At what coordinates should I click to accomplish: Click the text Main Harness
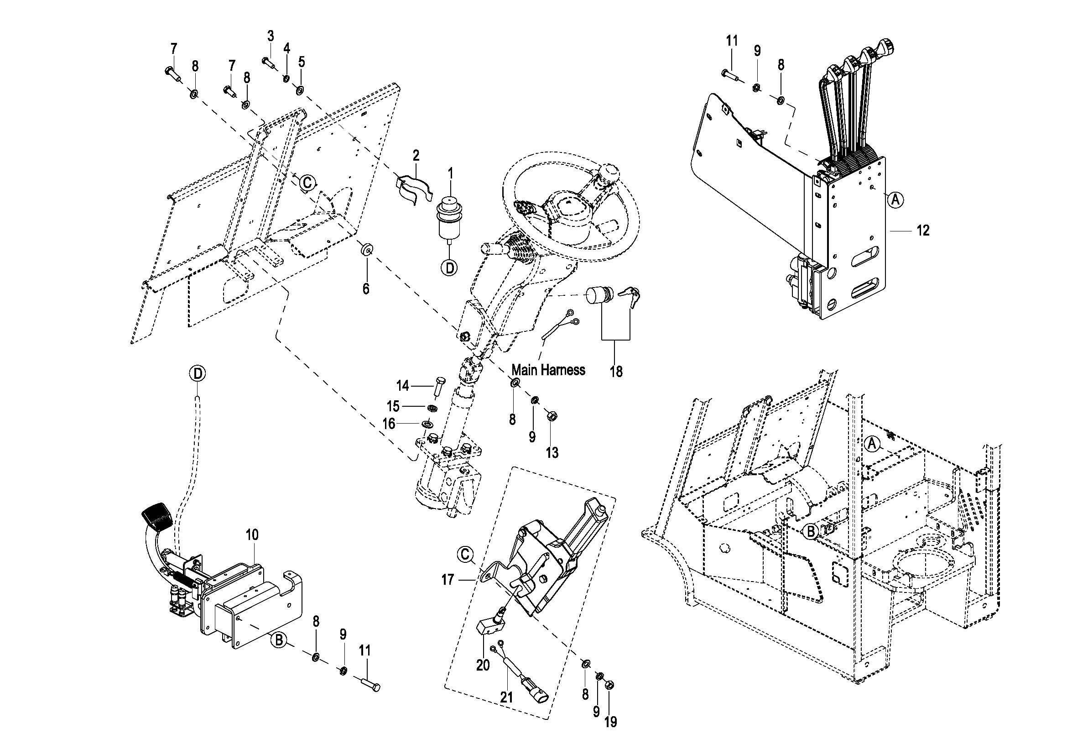(548, 370)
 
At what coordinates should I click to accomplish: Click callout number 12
(923, 230)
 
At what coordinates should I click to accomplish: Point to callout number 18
(616, 372)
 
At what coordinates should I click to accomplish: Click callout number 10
(252, 535)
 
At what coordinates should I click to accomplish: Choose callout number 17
(448, 580)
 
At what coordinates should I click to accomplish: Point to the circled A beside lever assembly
(896, 200)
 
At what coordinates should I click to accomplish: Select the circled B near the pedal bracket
(279, 640)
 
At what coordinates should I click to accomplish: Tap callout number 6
(366, 288)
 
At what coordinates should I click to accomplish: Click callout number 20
(483, 666)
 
